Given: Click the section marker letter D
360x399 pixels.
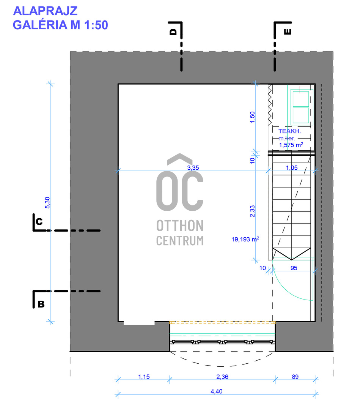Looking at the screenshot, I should [x=173, y=32].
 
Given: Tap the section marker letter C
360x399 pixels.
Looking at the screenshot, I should [x=39, y=221].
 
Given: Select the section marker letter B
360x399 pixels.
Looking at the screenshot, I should [x=41, y=304].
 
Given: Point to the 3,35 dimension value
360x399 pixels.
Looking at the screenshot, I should [x=193, y=167].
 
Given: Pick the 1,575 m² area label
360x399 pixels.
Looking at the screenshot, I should [x=291, y=145].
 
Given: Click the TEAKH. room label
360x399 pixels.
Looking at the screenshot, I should [x=289, y=131].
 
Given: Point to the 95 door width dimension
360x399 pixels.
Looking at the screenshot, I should [x=293, y=268].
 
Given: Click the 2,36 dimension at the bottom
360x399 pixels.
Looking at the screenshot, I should [x=222, y=377].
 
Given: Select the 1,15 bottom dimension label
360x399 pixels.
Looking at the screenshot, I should [x=144, y=377].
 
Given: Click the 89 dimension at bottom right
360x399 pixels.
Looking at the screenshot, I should [x=296, y=377].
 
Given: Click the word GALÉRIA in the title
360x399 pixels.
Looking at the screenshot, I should [x=40, y=25].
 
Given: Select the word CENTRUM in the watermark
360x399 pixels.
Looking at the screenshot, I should [x=180, y=240].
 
